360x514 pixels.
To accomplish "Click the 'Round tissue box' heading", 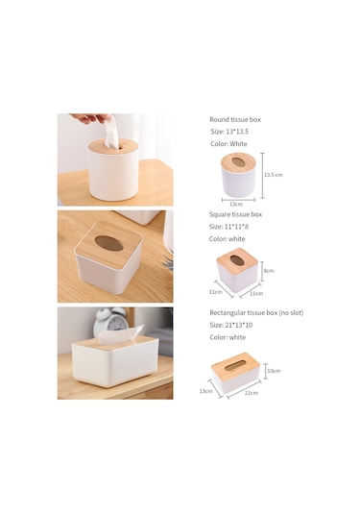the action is pos(235,120).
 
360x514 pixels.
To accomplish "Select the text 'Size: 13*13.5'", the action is pos(229,132).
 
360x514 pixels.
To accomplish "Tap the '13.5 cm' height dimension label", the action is pos(274,175).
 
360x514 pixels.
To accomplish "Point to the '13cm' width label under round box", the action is pos(236,204).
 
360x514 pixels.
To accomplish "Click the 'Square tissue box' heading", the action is pos(235,214).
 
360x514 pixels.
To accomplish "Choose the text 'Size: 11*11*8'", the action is pos(228,227).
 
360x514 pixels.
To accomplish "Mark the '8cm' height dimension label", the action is pos(269,271).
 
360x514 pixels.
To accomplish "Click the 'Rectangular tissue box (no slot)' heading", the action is pos(256,313).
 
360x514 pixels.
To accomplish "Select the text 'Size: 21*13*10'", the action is pos(231,325).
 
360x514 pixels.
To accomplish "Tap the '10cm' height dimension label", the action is pos(274,371).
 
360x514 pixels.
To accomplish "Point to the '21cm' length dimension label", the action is pos(252,393).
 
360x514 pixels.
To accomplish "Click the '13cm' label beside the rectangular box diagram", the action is pos(205,391).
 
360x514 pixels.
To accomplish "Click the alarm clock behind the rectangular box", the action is pos(109,321).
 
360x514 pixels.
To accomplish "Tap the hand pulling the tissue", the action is pos(90,118).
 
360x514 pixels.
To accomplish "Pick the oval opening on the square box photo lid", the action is pos(109,244).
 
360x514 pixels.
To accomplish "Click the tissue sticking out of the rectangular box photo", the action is pos(121,333).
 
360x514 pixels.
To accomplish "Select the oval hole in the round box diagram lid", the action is pos(238,162).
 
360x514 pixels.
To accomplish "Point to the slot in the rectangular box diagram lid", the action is pos(236,365).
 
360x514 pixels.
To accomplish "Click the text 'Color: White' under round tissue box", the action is pos(229,144).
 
